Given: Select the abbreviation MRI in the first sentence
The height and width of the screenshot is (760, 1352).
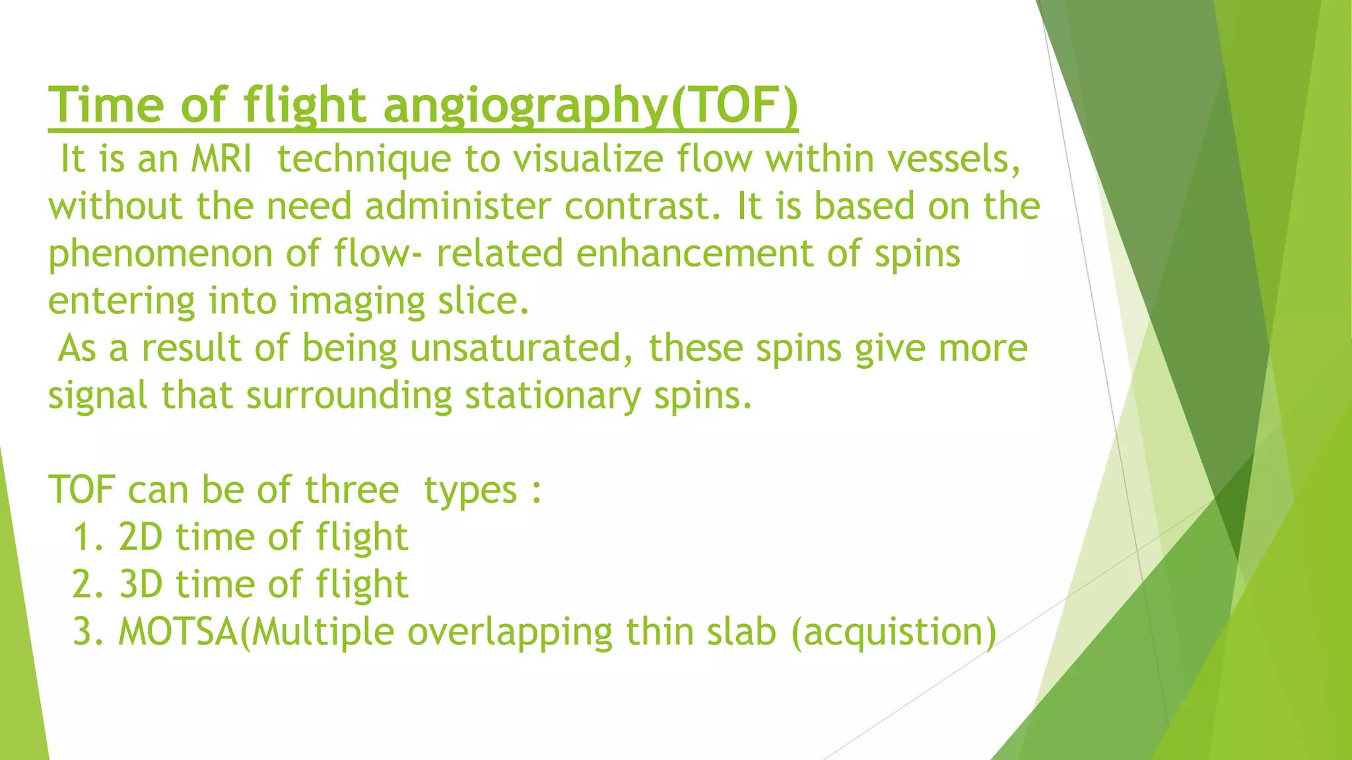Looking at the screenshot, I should point(221,159).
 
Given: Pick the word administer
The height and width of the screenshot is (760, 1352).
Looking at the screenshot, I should point(457,206).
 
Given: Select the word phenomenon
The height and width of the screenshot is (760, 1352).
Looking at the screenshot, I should point(160,254).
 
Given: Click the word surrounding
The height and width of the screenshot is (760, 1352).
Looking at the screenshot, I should point(349,396).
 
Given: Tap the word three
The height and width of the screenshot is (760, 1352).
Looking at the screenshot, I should point(352,490).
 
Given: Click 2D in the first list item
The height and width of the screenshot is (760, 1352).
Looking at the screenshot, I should point(141,537).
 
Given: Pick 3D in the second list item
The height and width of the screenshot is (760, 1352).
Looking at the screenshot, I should point(141,585).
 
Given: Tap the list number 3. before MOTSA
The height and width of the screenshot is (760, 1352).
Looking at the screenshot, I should point(89,632).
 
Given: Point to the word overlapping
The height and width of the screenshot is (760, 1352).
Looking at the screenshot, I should point(510,632).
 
